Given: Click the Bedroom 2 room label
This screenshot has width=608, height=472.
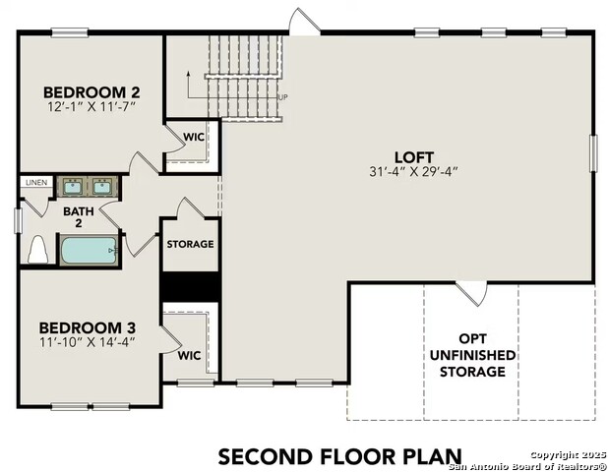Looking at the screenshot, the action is pos(91,92).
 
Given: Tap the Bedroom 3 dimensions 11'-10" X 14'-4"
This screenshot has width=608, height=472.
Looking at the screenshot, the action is pos(88,342).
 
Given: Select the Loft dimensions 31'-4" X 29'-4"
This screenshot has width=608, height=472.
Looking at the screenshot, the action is pos(414,171).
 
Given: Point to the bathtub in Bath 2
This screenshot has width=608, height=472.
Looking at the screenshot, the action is pos(89,251).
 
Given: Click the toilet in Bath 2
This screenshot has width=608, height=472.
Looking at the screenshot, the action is pos(37,250).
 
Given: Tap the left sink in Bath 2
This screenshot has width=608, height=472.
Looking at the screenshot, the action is pos(73,187).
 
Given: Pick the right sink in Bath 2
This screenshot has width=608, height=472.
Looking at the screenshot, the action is pos(102,187).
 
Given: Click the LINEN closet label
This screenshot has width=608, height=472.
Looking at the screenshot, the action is pos(36,183).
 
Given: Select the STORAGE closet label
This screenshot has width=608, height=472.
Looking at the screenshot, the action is pos(191,244).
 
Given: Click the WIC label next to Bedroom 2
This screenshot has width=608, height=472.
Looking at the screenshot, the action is pos(194,137).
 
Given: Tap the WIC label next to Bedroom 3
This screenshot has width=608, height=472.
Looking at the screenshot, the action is pos(189,355).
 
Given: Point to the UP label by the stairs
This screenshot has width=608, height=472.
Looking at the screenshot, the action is pos(283,97).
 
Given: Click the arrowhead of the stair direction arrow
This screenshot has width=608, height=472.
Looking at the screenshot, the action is pos(188,73).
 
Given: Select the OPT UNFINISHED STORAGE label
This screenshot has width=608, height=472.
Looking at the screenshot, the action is pos(472,355).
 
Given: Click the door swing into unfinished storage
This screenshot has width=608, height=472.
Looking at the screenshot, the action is pos(471,294).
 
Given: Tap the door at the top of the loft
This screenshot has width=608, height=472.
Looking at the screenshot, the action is pos(305,21).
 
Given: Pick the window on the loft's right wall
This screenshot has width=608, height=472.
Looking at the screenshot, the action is pos(593,153).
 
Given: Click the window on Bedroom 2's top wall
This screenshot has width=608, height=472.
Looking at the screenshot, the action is pos(70,32).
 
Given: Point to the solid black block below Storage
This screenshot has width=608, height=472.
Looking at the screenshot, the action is pos(190,287).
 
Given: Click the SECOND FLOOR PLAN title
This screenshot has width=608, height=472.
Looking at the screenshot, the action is pos(340,456).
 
